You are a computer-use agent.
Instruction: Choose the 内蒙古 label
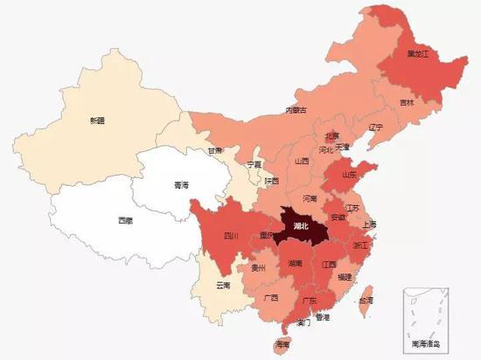point(298,110)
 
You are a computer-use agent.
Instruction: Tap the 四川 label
point(230,235)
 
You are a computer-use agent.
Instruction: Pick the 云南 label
point(223,286)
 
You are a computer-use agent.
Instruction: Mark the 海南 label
point(282,345)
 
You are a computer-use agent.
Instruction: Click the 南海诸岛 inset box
point(425,319)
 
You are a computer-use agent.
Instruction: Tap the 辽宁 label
point(376,128)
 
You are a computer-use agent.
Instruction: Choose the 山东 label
point(350,175)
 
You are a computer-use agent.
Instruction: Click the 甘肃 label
point(214,150)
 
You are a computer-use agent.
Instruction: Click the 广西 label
point(270,298)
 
